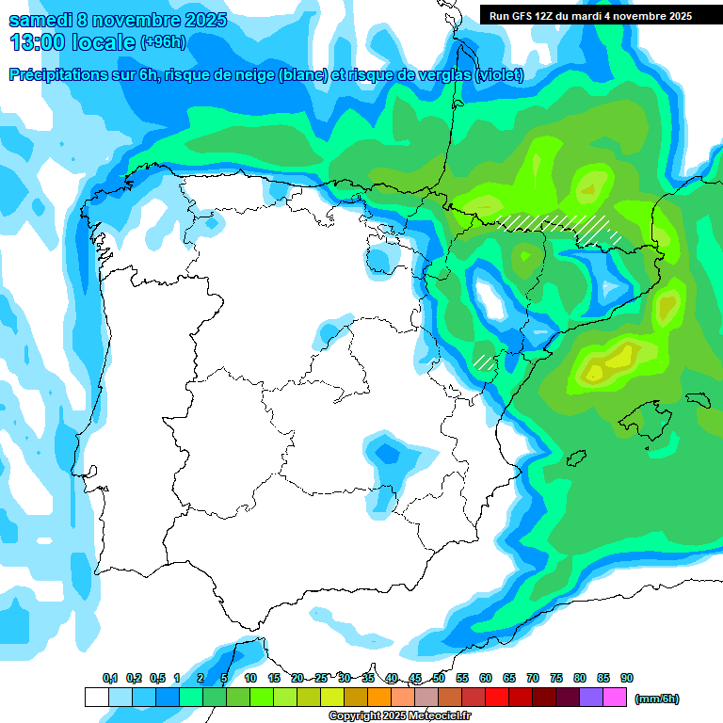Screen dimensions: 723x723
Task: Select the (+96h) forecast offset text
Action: pyautogui.click(x=163, y=42)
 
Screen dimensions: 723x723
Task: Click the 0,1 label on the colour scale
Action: pyautogui.click(x=110, y=679)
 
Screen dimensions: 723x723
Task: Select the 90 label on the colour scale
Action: pyautogui.click(x=627, y=679)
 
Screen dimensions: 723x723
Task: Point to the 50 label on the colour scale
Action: pyautogui.click(x=439, y=679)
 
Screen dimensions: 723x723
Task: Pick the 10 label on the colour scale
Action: pyautogui.click(x=250, y=679)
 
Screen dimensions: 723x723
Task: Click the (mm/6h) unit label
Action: pyautogui.click(x=656, y=699)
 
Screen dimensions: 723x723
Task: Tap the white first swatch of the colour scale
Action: pyautogui.click(x=96, y=697)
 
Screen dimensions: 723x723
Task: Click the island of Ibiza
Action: pyautogui.click(x=575, y=458)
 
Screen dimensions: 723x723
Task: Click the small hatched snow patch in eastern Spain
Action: pyautogui.click(x=484, y=361)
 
